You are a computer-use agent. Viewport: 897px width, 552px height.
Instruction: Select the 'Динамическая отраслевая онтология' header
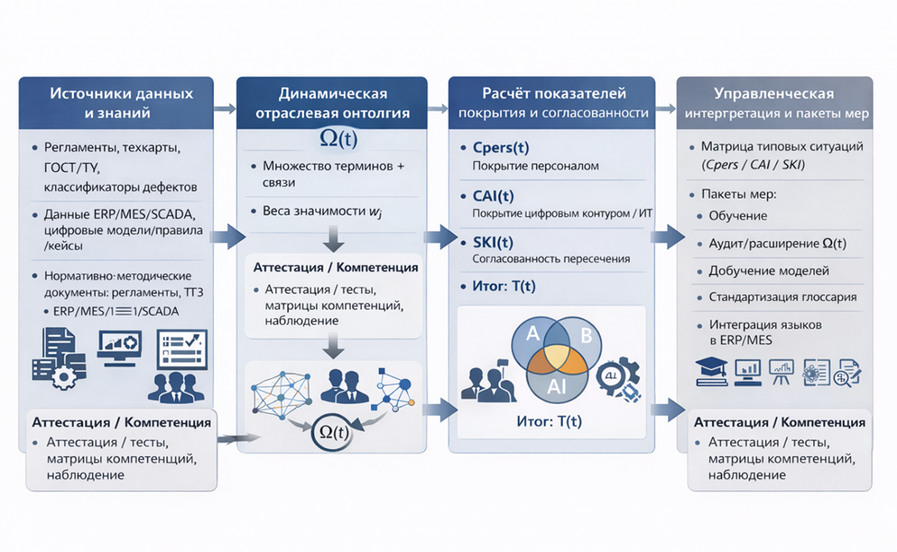coord(332,103)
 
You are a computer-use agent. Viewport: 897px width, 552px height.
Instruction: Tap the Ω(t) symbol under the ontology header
coord(332,139)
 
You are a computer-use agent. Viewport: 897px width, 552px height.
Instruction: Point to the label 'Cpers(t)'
coord(500,148)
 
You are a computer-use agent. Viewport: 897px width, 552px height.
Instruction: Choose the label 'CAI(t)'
coord(493,196)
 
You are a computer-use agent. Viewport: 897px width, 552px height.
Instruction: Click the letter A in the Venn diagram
coord(531,336)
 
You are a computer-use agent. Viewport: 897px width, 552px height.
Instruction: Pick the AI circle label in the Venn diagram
coord(556,386)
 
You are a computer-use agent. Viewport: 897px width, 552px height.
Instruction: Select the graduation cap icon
coord(709,370)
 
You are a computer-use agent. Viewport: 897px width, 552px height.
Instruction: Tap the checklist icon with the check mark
coord(182,350)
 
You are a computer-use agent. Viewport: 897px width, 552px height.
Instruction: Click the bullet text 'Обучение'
coord(738,216)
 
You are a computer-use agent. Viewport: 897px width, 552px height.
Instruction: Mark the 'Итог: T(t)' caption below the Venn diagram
coord(547,422)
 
